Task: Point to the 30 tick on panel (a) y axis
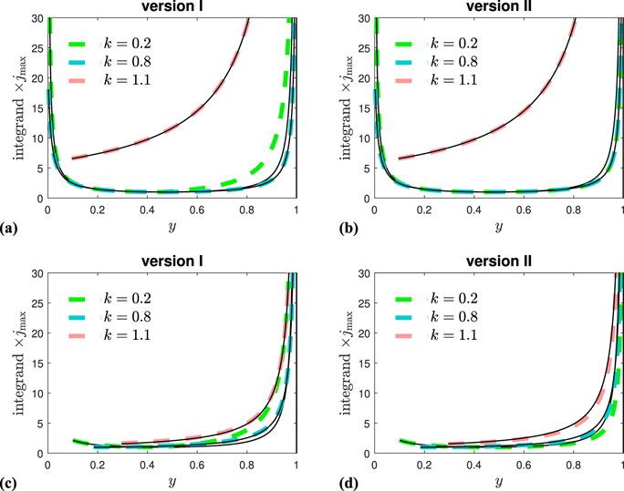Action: coord(36,18)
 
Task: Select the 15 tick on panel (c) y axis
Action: coord(36,363)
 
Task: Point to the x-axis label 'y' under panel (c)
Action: coord(172,479)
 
